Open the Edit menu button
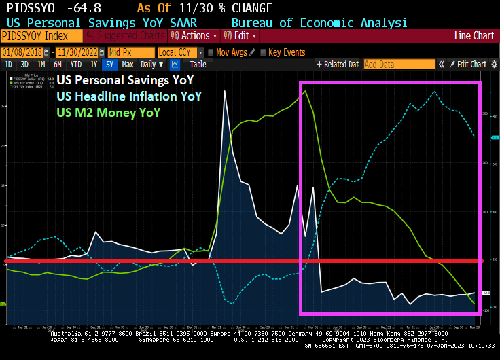coord(245,36)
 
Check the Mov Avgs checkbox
coord(211,52)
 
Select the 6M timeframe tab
coord(58,65)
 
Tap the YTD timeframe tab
coord(76,65)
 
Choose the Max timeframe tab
coord(128,65)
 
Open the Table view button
coord(198,65)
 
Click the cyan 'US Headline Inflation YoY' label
coord(129,96)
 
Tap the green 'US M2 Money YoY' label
coord(109,112)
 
